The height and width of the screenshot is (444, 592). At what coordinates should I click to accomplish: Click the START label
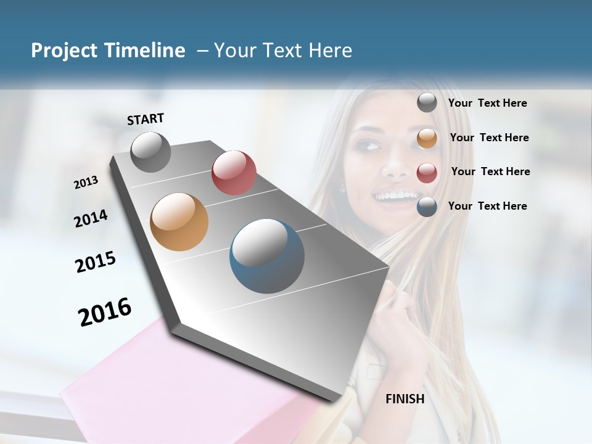pos(146,119)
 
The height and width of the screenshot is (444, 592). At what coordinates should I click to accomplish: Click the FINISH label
pos(405,399)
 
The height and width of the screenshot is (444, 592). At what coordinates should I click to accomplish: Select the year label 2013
pos(86,183)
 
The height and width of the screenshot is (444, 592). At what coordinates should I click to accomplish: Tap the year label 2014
pos(91,218)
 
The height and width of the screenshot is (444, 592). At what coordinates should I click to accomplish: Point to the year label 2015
pos(96,262)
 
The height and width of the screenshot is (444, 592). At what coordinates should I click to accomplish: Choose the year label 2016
pos(105,311)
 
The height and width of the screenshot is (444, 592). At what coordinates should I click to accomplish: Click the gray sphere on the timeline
pos(151,152)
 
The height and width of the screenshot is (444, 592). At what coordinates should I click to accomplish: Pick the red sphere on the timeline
pos(234,173)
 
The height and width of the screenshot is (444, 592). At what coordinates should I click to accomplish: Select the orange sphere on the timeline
pos(179,222)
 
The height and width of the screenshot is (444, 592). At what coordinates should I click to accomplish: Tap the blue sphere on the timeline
pos(267,256)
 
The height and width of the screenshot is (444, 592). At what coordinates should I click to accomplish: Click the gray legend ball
pos(427,103)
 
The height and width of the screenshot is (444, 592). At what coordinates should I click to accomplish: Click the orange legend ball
pos(427,138)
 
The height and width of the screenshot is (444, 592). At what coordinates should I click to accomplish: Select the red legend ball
pos(427,173)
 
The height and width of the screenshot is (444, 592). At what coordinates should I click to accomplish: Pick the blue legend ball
pos(427,207)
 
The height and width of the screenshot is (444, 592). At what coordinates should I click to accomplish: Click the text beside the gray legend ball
pos(487,104)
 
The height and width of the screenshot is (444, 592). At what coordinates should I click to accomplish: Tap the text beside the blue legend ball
pos(487,206)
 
